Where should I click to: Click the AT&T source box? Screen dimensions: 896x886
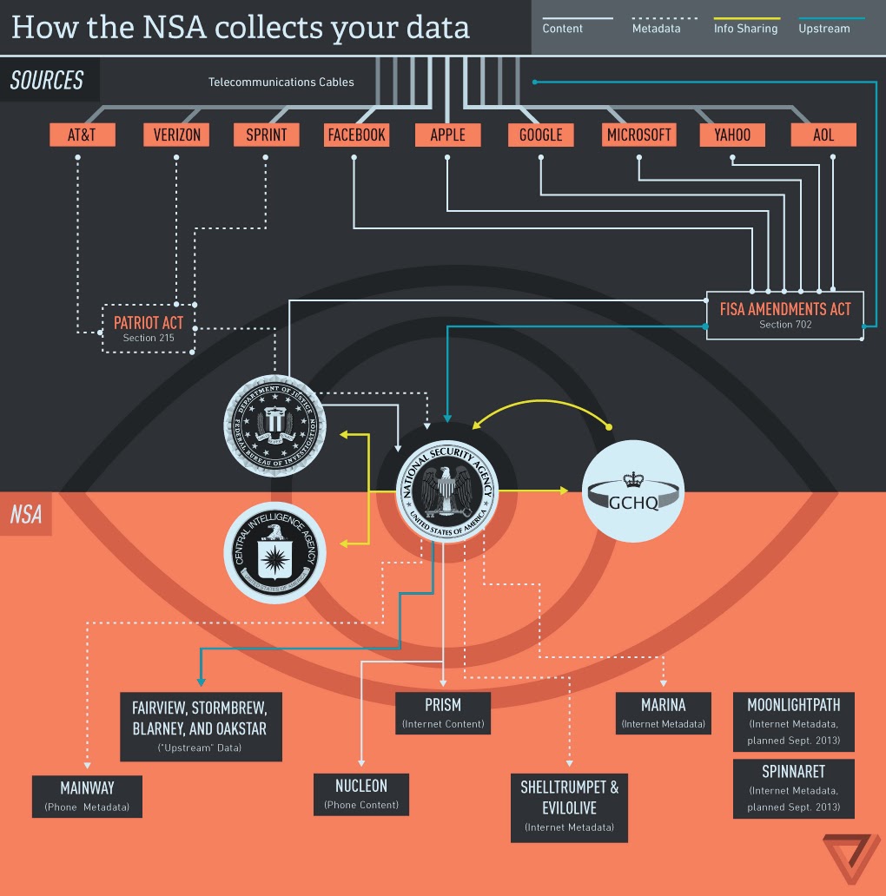(x=82, y=135)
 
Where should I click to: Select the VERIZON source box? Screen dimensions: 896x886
(x=176, y=135)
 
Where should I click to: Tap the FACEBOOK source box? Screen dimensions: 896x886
(x=356, y=135)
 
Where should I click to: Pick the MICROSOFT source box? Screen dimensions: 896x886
(x=638, y=135)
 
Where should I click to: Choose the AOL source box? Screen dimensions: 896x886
(x=823, y=135)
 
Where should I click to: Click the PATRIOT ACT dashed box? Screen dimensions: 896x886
(x=149, y=328)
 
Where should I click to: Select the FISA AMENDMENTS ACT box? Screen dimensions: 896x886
(x=784, y=314)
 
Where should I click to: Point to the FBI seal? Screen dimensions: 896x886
(x=275, y=424)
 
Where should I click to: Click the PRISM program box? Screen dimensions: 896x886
(x=443, y=712)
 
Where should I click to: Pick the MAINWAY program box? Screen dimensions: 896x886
(x=87, y=795)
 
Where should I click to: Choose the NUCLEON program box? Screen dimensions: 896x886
(x=360, y=793)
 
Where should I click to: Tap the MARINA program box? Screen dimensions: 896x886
(x=664, y=712)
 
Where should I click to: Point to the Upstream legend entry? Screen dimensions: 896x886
(x=824, y=29)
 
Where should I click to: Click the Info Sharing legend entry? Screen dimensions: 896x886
(x=745, y=29)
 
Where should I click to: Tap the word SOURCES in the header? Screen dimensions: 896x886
(x=47, y=81)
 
